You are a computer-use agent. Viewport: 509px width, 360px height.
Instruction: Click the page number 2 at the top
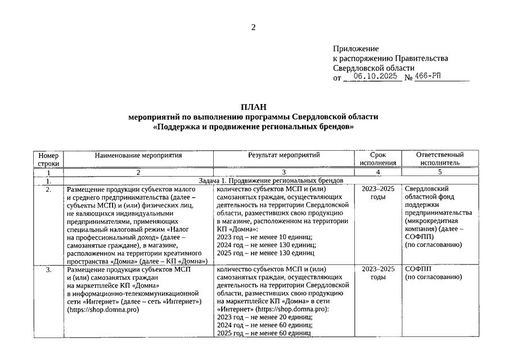(x=254, y=27)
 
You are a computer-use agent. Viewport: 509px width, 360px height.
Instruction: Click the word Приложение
(x=355, y=49)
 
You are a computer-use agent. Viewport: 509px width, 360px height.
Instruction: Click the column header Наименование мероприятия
(x=138, y=155)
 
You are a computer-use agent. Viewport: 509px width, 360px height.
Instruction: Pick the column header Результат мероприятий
(x=284, y=155)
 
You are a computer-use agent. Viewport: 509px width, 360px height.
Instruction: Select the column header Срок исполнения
(x=378, y=159)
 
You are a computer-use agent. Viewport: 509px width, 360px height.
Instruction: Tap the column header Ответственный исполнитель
(x=440, y=159)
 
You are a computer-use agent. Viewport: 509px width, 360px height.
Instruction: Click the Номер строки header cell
(x=48, y=159)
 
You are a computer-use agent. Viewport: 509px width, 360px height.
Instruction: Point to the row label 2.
(x=48, y=190)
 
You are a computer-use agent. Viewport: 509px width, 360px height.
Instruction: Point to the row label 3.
(x=48, y=269)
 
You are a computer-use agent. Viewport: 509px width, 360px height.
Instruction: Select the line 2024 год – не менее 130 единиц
(x=265, y=245)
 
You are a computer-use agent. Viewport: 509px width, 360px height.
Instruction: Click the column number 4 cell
(x=378, y=172)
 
